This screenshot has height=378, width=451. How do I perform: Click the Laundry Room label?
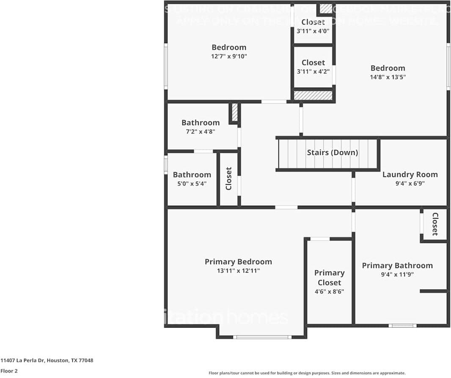[410, 174]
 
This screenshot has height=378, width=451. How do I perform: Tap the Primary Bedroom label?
[238, 262]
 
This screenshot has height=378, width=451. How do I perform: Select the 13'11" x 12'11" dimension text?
[238, 271]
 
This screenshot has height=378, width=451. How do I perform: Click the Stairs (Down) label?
[332, 152]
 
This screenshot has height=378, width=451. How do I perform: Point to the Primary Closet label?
[329, 278]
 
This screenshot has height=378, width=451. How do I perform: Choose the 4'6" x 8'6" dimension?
[329, 292]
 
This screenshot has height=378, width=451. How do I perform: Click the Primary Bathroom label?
[397, 265]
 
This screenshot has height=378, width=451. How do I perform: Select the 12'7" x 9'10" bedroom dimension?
[229, 56]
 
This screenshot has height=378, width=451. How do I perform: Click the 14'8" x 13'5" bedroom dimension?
[388, 77]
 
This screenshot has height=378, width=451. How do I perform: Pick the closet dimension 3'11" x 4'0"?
[313, 31]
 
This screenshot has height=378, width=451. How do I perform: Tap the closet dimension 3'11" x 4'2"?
[313, 72]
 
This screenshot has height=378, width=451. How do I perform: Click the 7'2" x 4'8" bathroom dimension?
[201, 132]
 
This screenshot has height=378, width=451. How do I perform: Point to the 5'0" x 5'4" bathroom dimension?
[192, 184]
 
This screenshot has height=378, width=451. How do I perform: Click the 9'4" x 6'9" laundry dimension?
[410, 184]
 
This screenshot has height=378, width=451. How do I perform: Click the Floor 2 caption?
[9, 371]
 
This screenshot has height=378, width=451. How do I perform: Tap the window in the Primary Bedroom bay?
[262, 337]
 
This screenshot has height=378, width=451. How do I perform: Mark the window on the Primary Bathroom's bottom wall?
[402, 326]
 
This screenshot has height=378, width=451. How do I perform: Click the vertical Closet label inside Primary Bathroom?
[434, 224]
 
